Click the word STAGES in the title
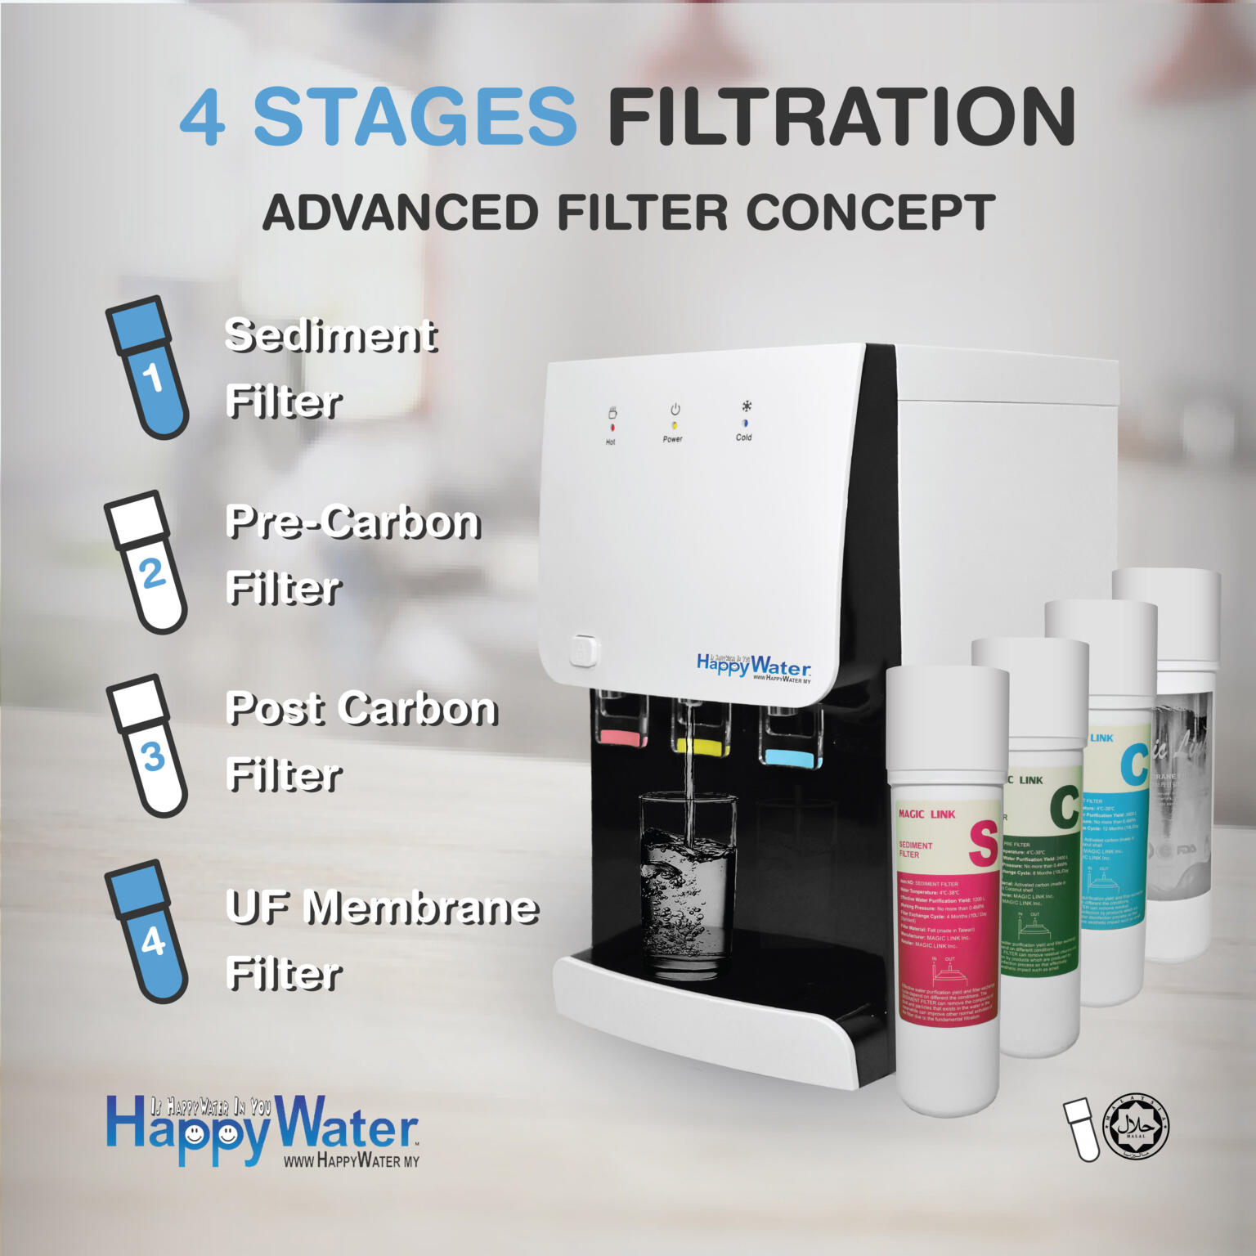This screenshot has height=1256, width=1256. click(415, 117)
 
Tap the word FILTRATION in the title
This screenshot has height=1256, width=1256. click(840, 117)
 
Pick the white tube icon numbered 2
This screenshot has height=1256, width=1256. click(147, 562)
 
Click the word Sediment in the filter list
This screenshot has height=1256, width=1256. click(331, 335)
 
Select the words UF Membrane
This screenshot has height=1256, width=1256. click(382, 907)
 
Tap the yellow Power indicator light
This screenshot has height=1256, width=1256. click(674, 425)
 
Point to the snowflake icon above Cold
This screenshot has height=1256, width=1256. click(746, 406)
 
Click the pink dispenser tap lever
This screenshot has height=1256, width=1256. click(623, 739)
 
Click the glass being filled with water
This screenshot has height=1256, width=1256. click(686, 883)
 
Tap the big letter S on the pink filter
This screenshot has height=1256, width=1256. click(982, 844)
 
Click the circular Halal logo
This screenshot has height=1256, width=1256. click(1137, 1127)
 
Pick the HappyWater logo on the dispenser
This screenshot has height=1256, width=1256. click(753, 666)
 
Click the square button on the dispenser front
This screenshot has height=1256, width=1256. click(581, 652)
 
